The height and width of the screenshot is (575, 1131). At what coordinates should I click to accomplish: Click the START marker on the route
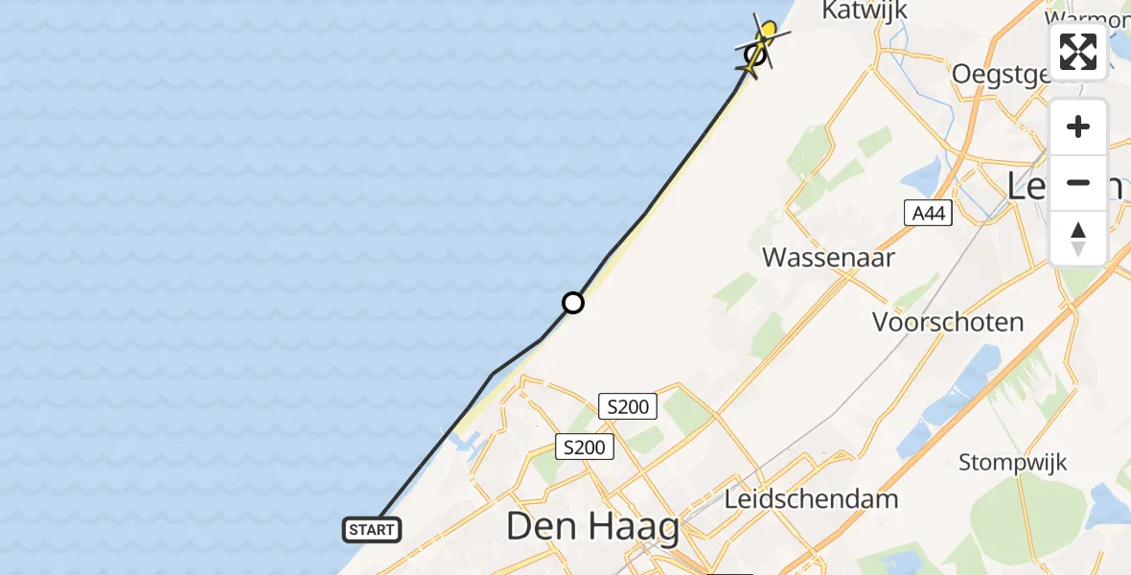coord(372,529)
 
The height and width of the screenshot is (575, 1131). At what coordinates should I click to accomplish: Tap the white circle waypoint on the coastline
coord(572,303)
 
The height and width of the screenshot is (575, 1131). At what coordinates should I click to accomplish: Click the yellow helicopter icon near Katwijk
coord(764,41)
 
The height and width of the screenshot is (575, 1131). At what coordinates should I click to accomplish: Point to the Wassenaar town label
coord(828,257)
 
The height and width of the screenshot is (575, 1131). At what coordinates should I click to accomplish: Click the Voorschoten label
coord(948,322)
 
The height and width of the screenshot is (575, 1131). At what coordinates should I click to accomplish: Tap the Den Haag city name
coord(592,526)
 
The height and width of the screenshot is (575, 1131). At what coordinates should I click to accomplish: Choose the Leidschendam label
coord(812,499)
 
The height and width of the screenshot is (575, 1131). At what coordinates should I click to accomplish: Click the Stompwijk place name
coord(1013,463)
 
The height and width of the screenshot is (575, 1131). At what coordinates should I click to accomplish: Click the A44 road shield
coord(928,214)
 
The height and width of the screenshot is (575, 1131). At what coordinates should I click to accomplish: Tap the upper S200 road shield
coord(628,406)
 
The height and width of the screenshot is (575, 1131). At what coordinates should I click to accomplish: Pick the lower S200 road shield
coord(585,447)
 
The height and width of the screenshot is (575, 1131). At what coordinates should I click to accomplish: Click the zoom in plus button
coord(1078,127)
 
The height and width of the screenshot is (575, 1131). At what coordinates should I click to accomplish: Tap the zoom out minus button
coord(1078,182)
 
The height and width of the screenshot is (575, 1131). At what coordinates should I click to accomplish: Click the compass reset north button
coord(1078,239)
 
